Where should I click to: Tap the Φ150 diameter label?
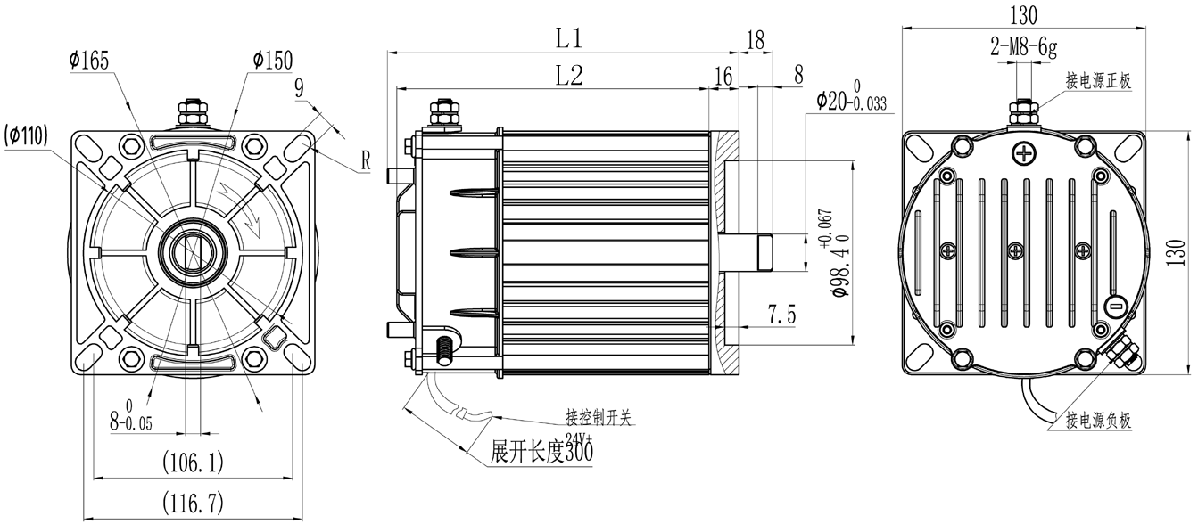(x=272, y=61)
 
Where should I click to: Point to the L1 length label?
(x=568, y=37)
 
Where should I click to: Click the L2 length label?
(x=568, y=76)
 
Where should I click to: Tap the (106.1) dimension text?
(x=193, y=463)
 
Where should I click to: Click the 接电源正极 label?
(x=1098, y=81)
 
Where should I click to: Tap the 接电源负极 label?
(x=1098, y=421)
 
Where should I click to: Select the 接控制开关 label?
(x=598, y=416)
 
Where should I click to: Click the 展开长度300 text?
(x=542, y=452)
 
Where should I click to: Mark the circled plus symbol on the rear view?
(x=1023, y=154)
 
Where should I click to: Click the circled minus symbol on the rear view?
(x=1114, y=306)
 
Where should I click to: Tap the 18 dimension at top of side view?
(x=755, y=38)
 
